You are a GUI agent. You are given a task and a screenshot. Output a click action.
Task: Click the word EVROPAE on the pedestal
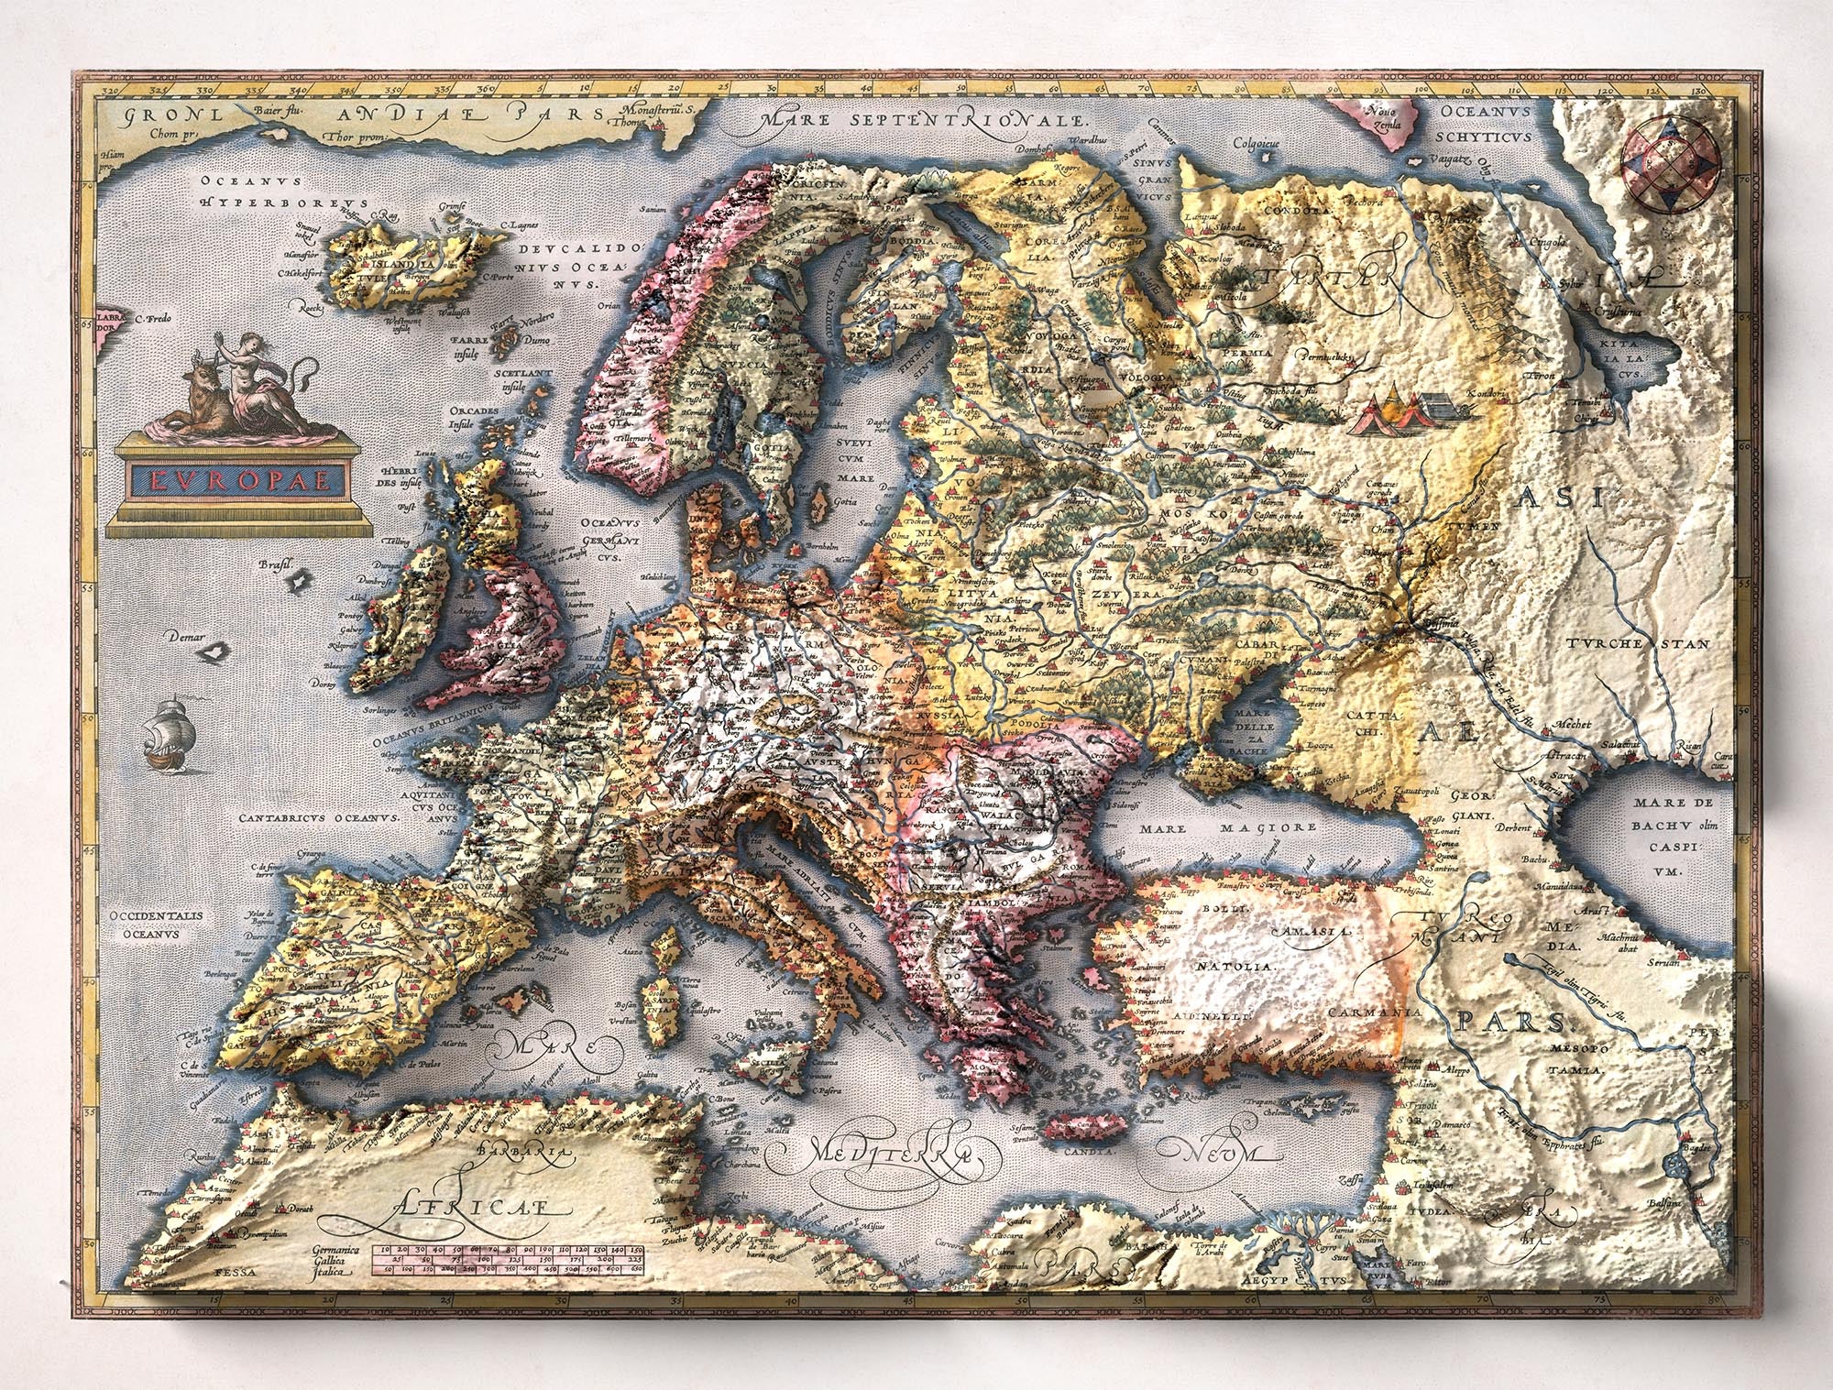[x=239, y=479]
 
